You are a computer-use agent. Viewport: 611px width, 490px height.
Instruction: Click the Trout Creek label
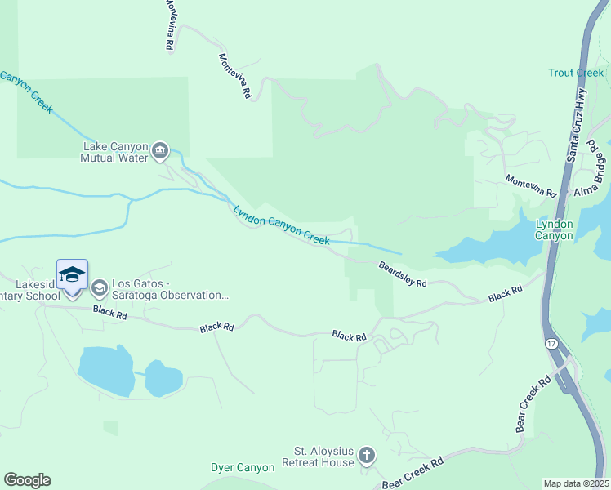(x=575, y=73)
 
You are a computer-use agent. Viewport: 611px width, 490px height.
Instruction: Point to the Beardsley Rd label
(x=403, y=274)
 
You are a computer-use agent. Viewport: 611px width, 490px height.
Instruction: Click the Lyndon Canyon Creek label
(x=281, y=225)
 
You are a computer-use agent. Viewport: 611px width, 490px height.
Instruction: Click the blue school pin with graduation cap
(x=72, y=275)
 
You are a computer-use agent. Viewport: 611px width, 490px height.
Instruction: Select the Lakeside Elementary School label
(x=30, y=290)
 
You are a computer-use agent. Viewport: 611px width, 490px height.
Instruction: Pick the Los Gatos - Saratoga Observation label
(x=170, y=290)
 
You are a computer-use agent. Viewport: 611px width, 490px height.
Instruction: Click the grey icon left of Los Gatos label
(x=100, y=287)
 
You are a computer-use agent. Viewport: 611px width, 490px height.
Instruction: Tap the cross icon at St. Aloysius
(x=367, y=456)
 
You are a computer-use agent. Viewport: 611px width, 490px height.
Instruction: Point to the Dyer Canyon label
(x=243, y=468)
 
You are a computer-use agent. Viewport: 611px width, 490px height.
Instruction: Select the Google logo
(x=27, y=480)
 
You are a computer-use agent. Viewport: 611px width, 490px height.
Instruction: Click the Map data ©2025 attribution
(x=576, y=483)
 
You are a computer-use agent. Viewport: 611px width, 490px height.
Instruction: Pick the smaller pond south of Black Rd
(x=164, y=378)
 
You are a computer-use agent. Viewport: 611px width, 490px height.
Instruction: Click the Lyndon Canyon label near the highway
(x=554, y=229)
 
